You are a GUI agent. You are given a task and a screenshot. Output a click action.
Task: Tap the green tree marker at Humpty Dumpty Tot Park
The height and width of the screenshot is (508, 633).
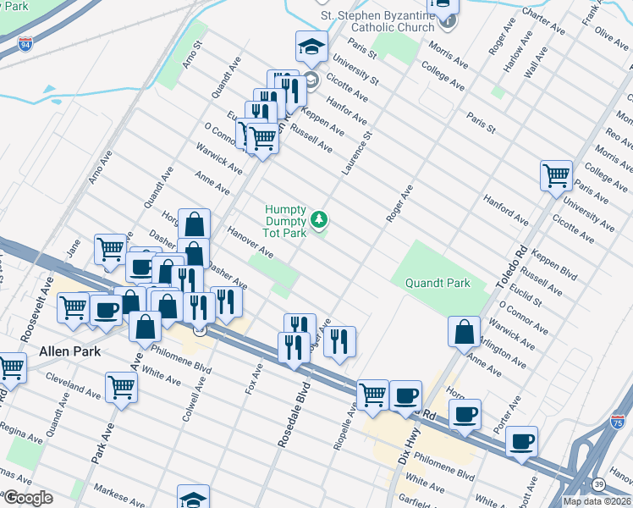click(319, 220)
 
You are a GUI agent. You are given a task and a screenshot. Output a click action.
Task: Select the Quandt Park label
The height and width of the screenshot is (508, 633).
click(437, 283)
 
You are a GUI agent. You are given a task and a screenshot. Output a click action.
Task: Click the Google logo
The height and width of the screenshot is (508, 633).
click(29, 498)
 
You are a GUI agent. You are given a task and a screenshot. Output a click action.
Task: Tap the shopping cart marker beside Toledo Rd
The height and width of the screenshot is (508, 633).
click(556, 176)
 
